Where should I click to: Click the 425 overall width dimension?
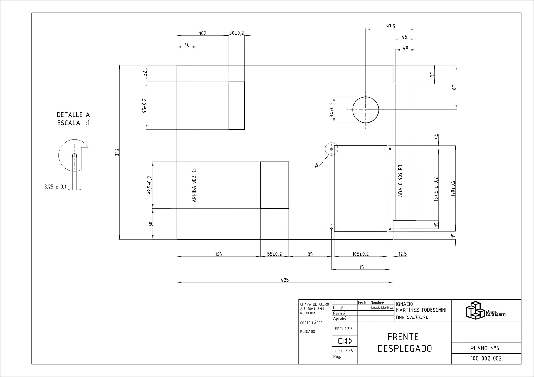pyautogui.click(x=285, y=280)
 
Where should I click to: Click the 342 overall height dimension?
pyautogui.click(x=117, y=152)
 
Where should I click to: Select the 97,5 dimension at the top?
pyautogui.click(x=390, y=27)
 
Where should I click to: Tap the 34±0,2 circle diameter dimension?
pyautogui.click(x=332, y=109)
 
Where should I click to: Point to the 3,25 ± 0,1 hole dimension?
pyautogui.click(x=55, y=187)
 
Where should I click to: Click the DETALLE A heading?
pyautogui.click(x=73, y=114)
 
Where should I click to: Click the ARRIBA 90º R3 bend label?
pyautogui.click(x=194, y=185)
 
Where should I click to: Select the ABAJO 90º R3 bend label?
pyautogui.click(x=400, y=181)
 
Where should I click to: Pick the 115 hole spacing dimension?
pyautogui.click(x=360, y=267)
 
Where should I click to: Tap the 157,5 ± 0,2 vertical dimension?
pyautogui.click(x=436, y=189)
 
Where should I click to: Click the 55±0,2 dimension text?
pyautogui.click(x=275, y=254)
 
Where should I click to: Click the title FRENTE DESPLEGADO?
pyautogui.click(x=404, y=343)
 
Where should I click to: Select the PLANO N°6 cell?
pyautogui.click(x=485, y=348)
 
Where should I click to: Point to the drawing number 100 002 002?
pyautogui.click(x=486, y=358)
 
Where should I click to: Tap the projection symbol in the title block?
pyautogui.click(x=344, y=341)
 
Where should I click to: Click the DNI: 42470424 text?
pyautogui.click(x=412, y=318)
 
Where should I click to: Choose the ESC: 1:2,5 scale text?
pyautogui.click(x=344, y=329)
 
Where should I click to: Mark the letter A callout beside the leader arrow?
pyautogui.click(x=317, y=166)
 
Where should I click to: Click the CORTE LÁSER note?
pyautogui.click(x=311, y=323)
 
